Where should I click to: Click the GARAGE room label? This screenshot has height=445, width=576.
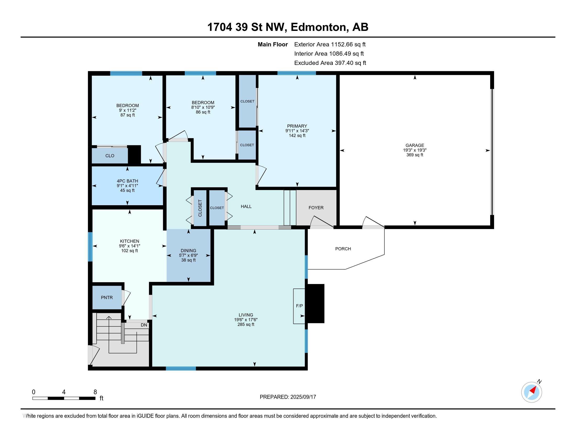[x=415, y=145]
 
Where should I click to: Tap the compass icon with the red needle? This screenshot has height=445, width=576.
[x=531, y=392]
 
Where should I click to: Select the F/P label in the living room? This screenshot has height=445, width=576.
[x=299, y=306]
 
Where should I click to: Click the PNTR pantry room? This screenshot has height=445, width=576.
[x=107, y=297]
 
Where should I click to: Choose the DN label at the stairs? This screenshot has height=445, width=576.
[x=144, y=325]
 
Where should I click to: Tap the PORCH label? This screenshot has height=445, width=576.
[x=343, y=249]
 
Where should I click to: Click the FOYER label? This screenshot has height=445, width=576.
[x=316, y=208]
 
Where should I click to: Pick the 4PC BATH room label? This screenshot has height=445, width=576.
[x=128, y=181]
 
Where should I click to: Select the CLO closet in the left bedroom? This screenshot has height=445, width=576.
[x=110, y=155]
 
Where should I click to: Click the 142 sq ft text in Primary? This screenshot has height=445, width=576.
[x=297, y=136]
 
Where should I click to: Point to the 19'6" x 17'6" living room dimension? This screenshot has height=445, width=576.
[x=246, y=320]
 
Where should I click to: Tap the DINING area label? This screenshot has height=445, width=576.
[x=188, y=251]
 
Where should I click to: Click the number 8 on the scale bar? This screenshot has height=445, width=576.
[x=95, y=392]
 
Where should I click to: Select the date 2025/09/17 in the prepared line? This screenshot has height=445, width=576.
[x=303, y=397]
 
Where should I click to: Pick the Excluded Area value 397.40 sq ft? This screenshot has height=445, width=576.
[x=350, y=63]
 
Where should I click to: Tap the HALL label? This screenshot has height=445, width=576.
[x=246, y=207]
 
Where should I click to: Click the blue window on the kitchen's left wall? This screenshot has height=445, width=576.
[x=90, y=247]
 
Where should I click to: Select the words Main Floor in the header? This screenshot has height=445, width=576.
[x=273, y=44]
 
